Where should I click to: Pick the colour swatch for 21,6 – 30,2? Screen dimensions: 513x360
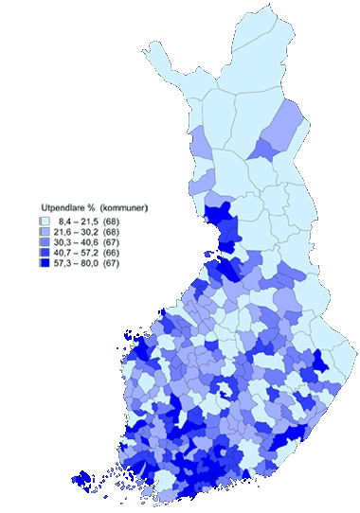tap(45, 230)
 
